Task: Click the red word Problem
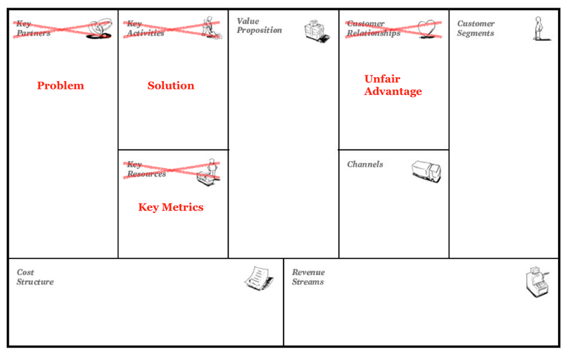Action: [60, 86]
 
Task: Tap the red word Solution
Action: [171, 86]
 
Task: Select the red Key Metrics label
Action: [171, 207]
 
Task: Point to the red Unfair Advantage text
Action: [393, 85]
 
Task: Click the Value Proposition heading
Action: [259, 25]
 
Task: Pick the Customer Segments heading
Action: [476, 29]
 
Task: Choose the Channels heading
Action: [365, 164]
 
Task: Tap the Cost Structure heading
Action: [35, 277]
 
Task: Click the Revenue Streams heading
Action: [308, 277]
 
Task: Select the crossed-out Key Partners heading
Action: [31, 29]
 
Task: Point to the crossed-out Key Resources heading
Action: [146, 169]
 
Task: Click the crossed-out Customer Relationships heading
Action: [373, 29]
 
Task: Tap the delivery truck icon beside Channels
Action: [426, 170]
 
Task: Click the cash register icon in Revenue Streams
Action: [536, 281]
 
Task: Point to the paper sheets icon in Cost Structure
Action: [259, 278]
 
